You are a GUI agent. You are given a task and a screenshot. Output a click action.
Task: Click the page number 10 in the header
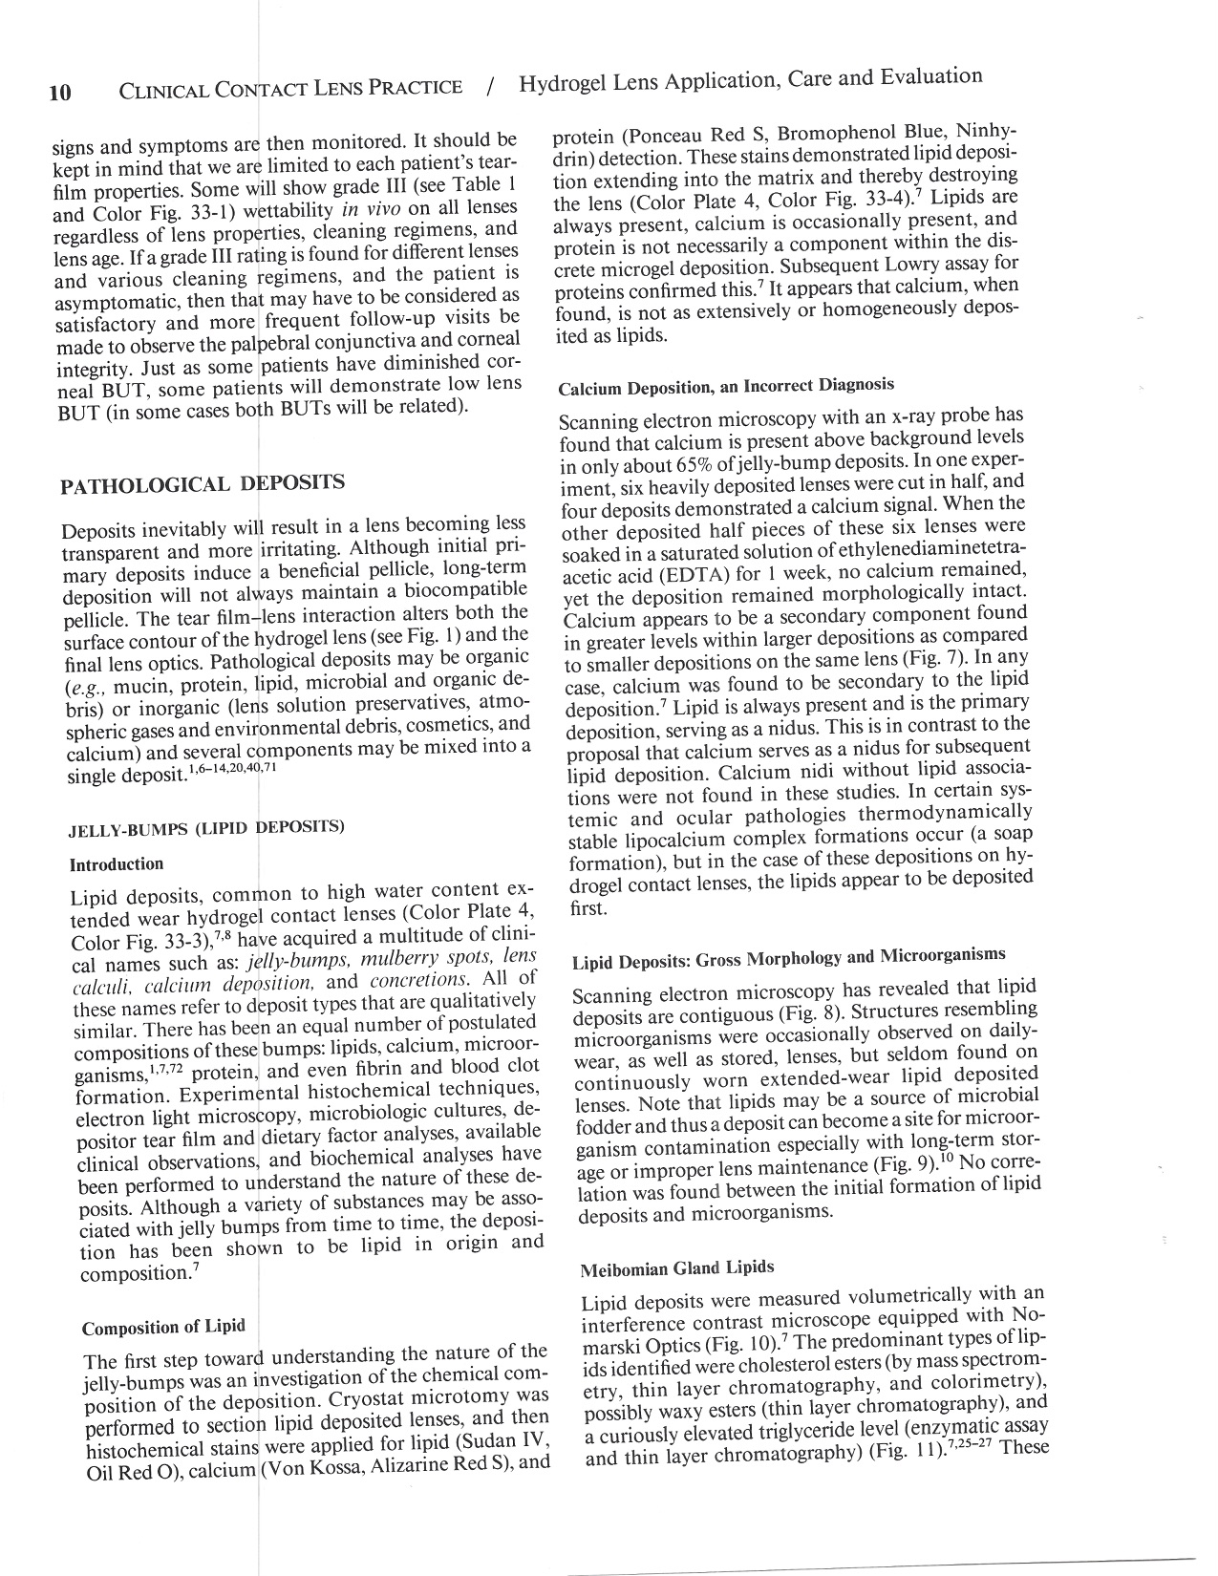pyautogui.click(x=59, y=93)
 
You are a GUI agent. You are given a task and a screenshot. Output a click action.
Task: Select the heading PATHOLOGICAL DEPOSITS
pyautogui.click(x=202, y=484)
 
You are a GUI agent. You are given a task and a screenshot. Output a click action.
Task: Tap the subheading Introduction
pyautogui.click(x=117, y=864)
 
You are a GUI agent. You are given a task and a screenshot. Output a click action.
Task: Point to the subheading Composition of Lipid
pyautogui.click(x=163, y=1328)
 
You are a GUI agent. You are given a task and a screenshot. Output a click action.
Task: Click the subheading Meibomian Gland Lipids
pyautogui.click(x=677, y=1268)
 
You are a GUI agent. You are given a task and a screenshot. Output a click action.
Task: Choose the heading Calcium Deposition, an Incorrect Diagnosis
pyautogui.click(x=726, y=386)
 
